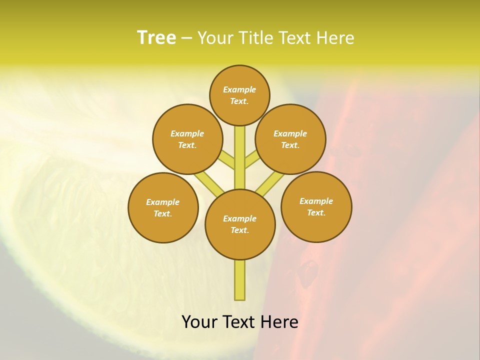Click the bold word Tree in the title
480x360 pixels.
click(x=156, y=38)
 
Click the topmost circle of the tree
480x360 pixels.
click(x=239, y=95)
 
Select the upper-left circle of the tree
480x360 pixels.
click(x=187, y=139)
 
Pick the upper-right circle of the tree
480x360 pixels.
click(x=290, y=139)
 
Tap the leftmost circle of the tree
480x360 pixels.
click(x=163, y=207)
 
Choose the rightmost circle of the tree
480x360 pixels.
click(x=316, y=206)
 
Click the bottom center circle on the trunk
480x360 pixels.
click(x=240, y=224)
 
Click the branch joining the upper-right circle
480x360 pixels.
click(x=251, y=161)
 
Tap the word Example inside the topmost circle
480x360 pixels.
click(x=239, y=89)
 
